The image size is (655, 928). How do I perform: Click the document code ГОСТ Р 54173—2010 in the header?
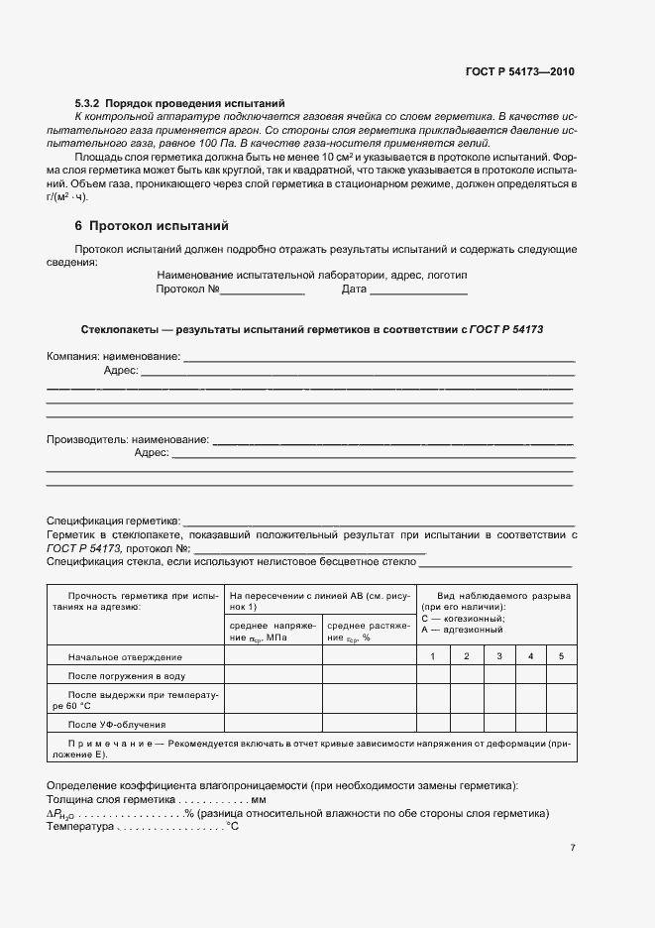pos(519,71)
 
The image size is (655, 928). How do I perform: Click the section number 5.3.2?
pos(88,103)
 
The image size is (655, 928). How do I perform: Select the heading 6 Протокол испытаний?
pos(145,226)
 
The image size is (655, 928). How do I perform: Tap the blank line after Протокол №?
pos(262,290)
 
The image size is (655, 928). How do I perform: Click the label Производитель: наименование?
pos(128,438)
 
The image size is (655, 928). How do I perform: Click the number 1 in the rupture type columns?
pos(432,657)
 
